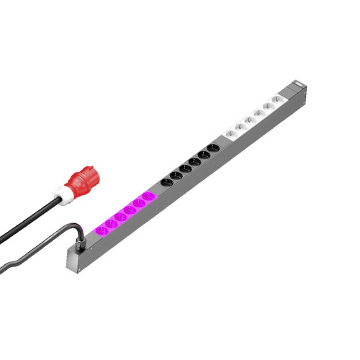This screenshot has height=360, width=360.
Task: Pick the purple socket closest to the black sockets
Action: pyautogui.click(x=147, y=197)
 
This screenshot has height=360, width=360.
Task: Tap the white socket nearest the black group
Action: pyautogui.click(x=231, y=133)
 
